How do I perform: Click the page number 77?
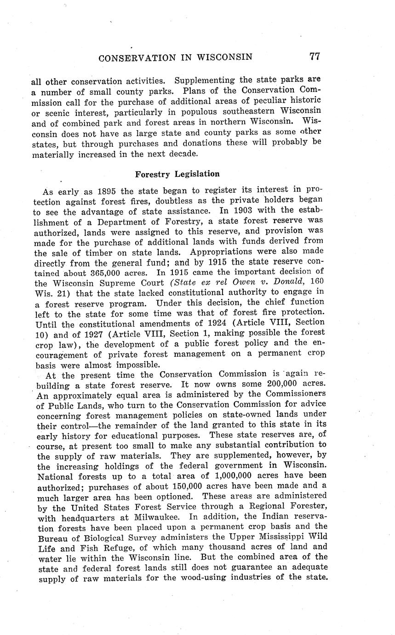pyautogui.click(x=315, y=56)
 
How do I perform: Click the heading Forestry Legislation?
pyautogui.click(x=177, y=174)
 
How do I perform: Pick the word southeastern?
pyautogui.click(x=251, y=111)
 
